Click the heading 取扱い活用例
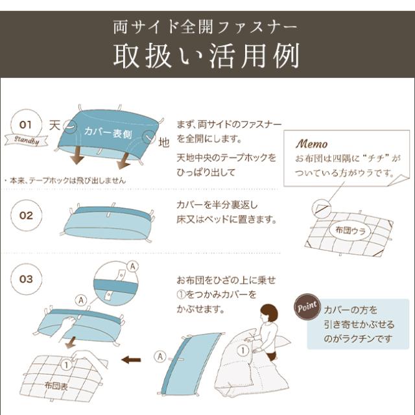(207, 56)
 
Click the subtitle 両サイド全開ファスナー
(207, 27)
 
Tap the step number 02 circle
(26, 215)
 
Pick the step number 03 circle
(26, 279)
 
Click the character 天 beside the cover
(55, 123)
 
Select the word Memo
(312, 143)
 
